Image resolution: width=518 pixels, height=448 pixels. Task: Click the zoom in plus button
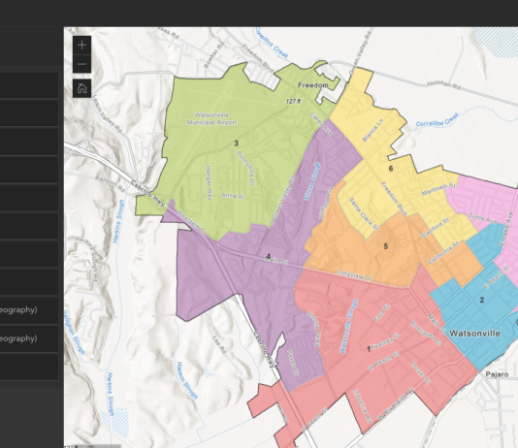(x=81, y=45)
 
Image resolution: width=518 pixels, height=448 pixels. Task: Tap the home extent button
(x=81, y=88)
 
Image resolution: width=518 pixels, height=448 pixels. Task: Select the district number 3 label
(x=236, y=144)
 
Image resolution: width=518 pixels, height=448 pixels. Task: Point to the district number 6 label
(x=391, y=169)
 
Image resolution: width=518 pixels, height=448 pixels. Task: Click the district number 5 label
(x=385, y=247)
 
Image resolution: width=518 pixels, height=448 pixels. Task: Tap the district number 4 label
(x=268, y=257)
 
